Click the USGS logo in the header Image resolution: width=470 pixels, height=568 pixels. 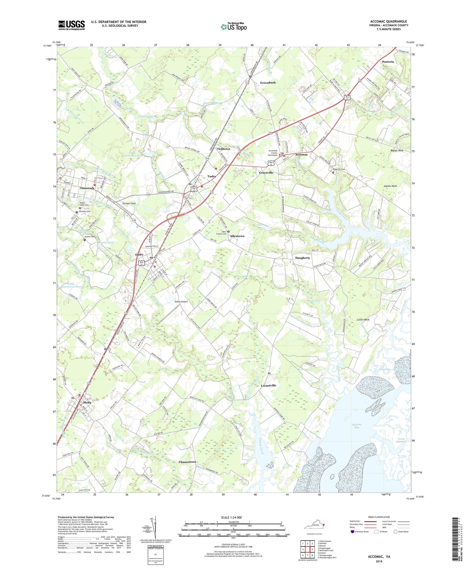(x=72, y=25)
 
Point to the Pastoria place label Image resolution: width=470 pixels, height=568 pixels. (x=388, y=62)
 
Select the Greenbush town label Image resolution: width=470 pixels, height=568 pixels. (x=268, y=83)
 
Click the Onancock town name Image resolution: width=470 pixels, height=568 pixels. (x=87, y=188)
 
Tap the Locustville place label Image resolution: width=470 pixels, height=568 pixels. (x=268, y=385)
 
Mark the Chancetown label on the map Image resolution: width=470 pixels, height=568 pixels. (x=187, y=462)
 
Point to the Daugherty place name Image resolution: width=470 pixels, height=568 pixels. (x=302, y=258)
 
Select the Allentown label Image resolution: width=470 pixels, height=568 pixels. (x=237, y=236)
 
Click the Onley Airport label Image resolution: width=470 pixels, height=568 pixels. (x=181, y=302)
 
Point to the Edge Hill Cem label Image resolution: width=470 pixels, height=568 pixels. (x=338, y=169)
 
